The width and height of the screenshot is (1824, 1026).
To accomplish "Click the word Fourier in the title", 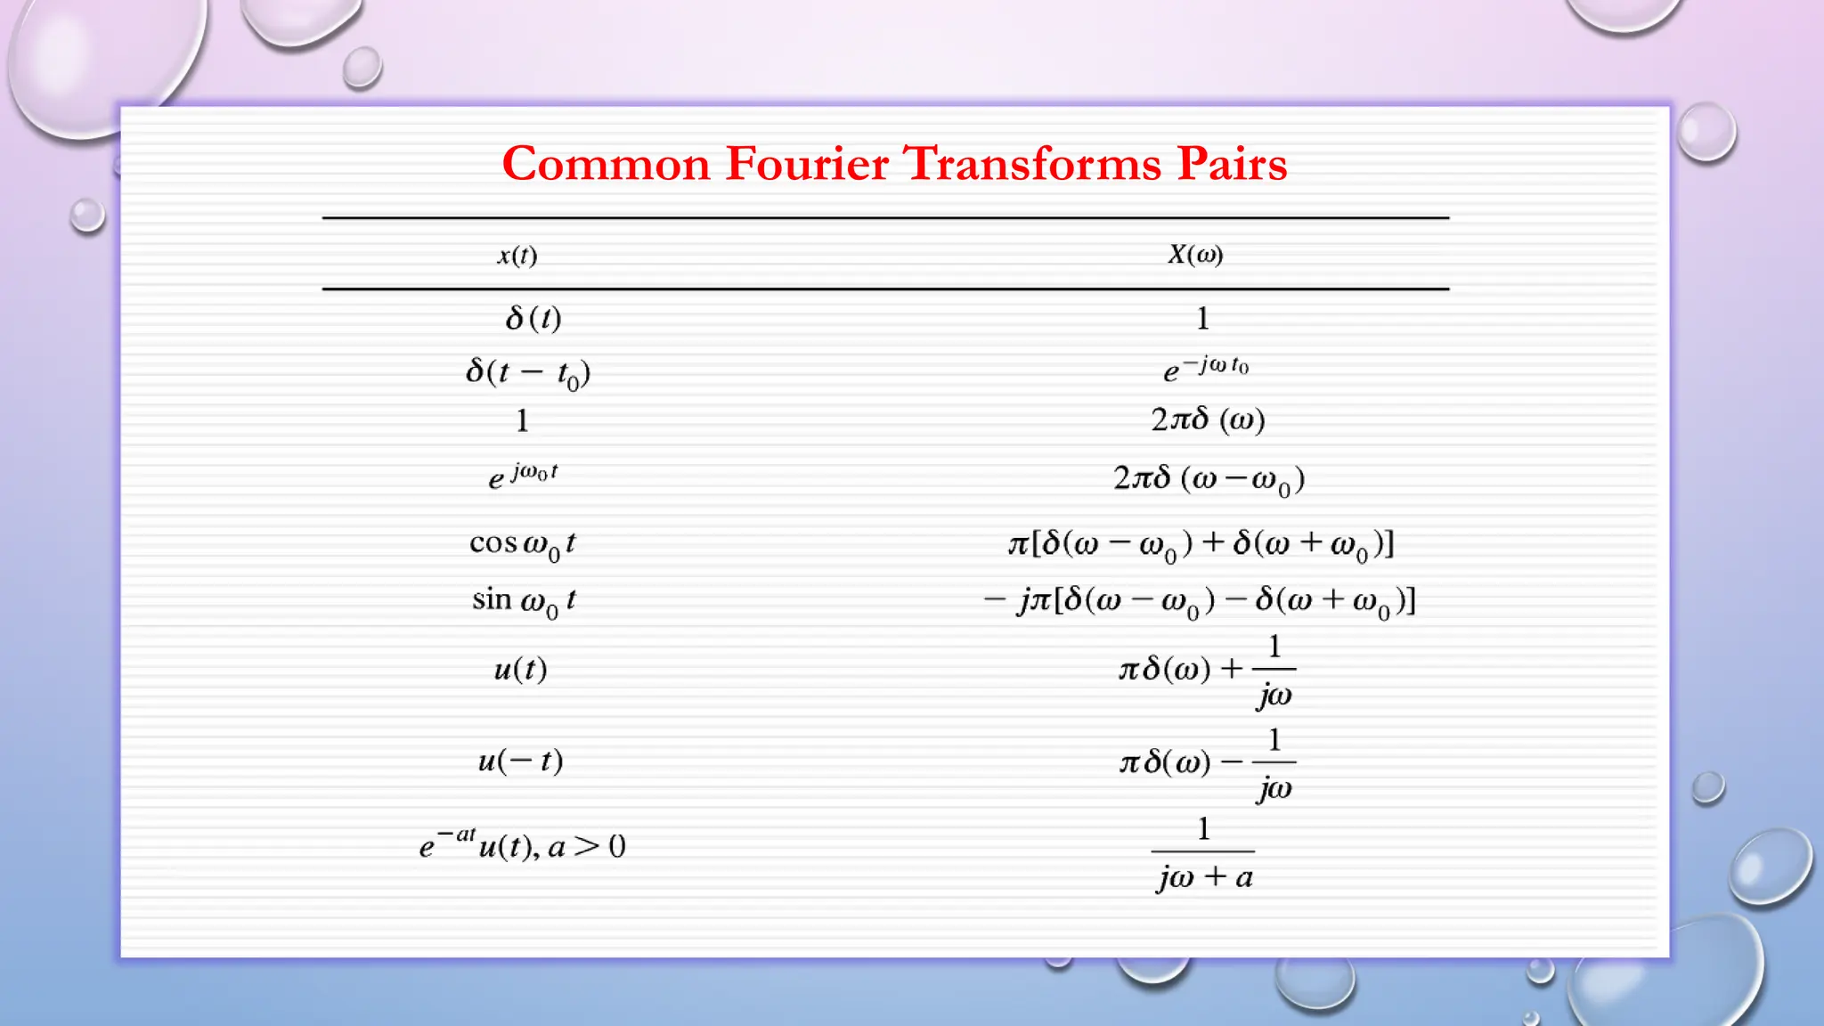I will (807, 164).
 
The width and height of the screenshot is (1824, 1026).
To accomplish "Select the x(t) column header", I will (517, 256).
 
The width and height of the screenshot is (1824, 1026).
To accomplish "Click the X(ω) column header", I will (1195, 255).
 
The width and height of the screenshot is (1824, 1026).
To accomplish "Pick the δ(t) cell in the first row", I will (533, 318).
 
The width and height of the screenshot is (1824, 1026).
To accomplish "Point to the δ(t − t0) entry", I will (528, 372).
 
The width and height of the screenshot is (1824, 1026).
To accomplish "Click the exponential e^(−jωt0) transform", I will (1206, 368).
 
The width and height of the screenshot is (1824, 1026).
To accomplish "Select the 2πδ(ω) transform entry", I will (1208, 419).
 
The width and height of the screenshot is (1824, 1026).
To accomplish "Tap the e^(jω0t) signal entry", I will (523, 476).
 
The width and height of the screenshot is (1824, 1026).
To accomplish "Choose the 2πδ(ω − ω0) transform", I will (1209, 479).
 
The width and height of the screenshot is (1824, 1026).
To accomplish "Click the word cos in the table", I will (493, 542).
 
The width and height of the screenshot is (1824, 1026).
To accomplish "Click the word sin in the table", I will (492, 598).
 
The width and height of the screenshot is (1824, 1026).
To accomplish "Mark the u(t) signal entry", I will (520, 668).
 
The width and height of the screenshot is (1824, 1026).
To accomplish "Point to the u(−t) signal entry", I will (520, 761).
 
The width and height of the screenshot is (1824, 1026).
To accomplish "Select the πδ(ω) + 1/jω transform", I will (1207, 670).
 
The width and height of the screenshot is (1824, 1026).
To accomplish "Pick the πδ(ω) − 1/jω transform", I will (1207, 763).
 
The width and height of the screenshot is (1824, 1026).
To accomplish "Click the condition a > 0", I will (587, 846).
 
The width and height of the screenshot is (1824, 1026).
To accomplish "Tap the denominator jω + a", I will (1204, 877).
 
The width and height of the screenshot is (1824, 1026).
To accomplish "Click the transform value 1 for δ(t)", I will (1202, 318).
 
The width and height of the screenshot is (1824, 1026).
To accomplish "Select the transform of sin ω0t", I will (1199, 600).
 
